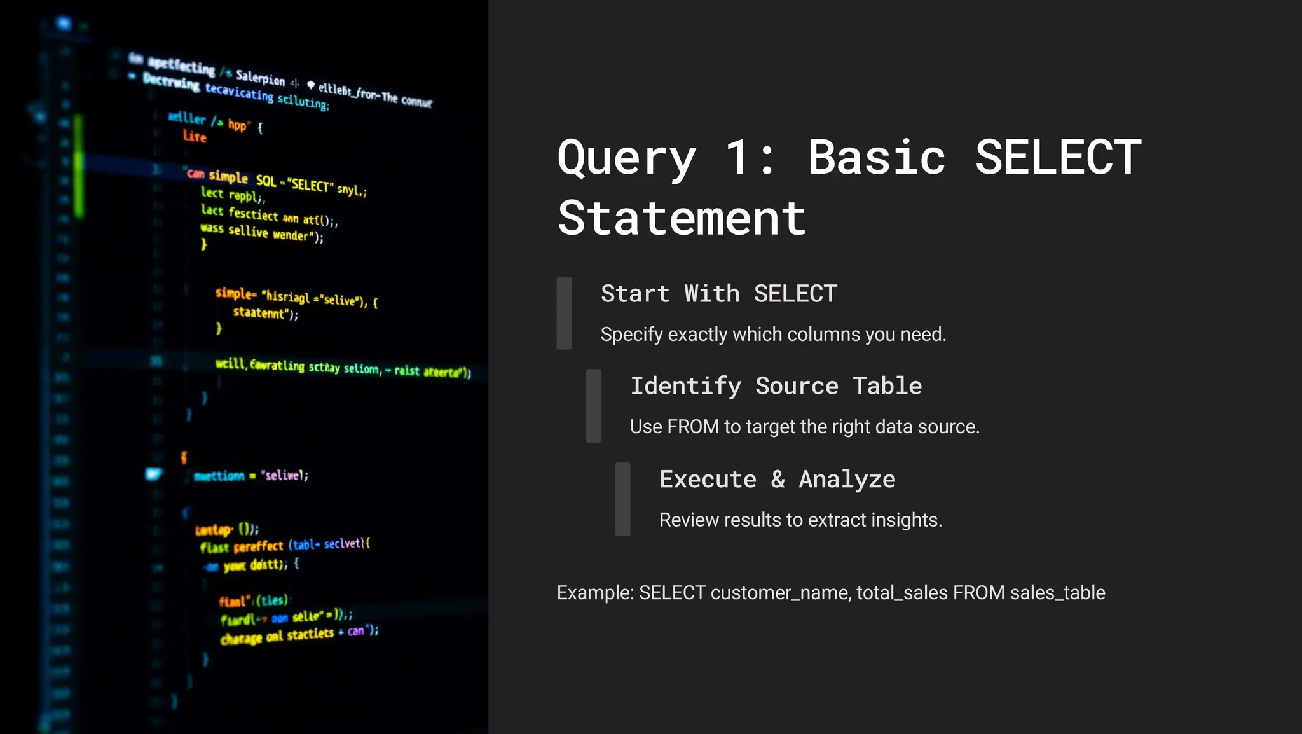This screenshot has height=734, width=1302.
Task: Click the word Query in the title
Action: click(626, 158)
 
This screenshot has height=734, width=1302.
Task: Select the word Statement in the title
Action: click(682, 218)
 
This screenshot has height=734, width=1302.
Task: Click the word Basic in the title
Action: click(877, 157)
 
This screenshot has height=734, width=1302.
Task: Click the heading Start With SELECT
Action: click(718, 294)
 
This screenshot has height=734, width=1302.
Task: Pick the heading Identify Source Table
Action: click(776, 386)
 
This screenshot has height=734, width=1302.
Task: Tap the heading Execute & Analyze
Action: click(777, 479)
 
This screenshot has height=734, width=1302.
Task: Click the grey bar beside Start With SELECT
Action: click(564, 313)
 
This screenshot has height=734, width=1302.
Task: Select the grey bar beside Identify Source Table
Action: click(593, 406)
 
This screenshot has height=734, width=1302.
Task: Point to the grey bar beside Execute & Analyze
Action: click(622, 499)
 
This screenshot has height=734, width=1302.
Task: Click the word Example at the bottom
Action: click(595, 593)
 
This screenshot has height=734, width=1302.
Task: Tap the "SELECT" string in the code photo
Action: click(310, 186)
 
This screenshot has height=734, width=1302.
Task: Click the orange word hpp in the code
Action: click(238, 125)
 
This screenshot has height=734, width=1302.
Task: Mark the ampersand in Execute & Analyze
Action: click(778, 480)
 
